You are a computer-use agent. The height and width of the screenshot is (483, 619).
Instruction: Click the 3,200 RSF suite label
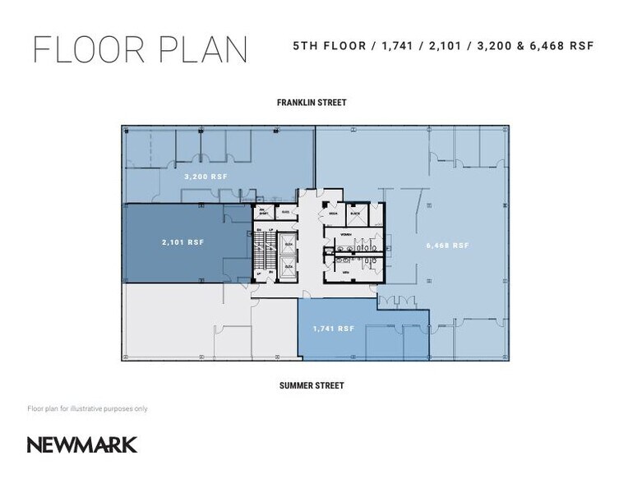click(x=206, y=177)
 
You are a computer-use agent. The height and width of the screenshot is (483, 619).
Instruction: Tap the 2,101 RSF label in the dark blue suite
click(x=182, y=241)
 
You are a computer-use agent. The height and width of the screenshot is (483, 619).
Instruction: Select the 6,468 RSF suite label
click(x=447, y=245)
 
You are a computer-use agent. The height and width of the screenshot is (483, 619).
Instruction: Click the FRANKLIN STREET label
click(x=311, y=103)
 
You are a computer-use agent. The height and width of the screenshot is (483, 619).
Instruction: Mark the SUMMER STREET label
click(x=311, y=385)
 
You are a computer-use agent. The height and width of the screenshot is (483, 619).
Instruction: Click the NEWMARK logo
click(x=82, y=444)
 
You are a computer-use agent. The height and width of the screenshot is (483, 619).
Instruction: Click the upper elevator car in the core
click(x=289, y=244)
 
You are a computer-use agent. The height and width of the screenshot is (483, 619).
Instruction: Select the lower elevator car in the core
click(x=289, y=267)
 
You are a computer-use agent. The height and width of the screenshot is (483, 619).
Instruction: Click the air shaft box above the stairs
click(x=264, y=211)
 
